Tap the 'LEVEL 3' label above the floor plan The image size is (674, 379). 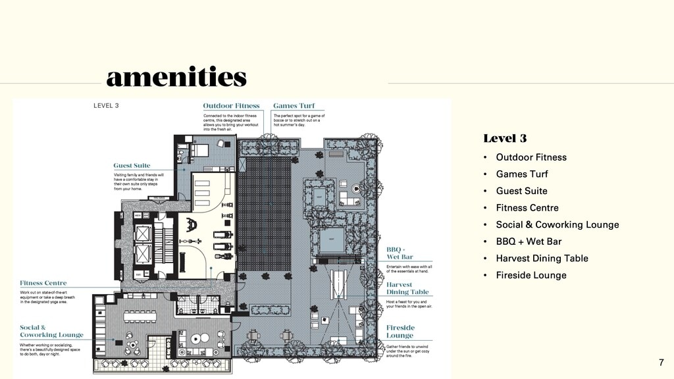[106, 105]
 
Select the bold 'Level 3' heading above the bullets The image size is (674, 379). [505, 138]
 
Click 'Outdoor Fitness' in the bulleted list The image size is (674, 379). [531, 157]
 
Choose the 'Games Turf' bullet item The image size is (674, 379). [521, 174]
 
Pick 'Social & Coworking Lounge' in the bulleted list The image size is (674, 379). [557, 225]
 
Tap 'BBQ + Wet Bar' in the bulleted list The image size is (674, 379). [529, 241]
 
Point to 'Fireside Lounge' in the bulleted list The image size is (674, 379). [531, 276]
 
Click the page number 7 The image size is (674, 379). [661, 363]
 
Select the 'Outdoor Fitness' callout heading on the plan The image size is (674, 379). [231, 105]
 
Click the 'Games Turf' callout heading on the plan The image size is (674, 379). [294, 105]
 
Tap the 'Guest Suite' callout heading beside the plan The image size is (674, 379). [132, 166]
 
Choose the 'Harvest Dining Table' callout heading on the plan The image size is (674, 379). [407, 288]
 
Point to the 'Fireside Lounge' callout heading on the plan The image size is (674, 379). [400, 331]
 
